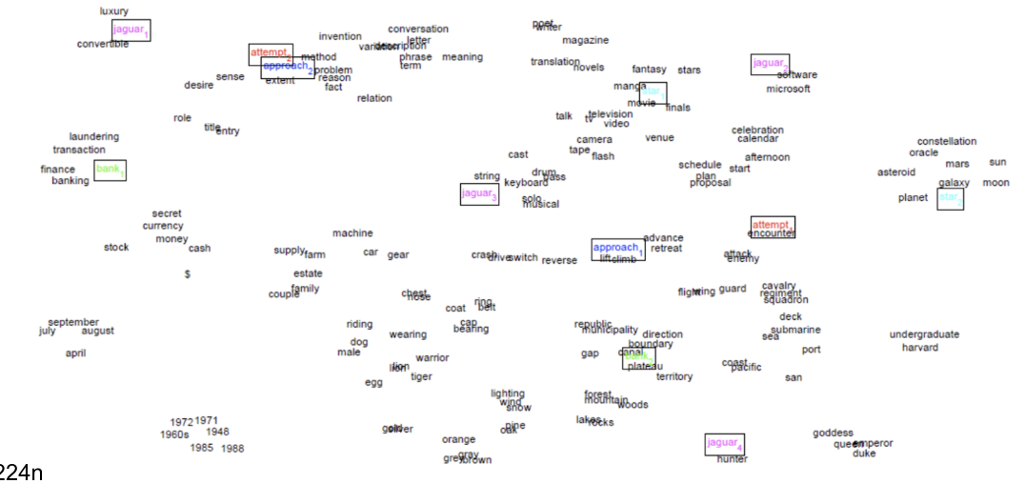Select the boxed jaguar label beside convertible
coord(131,30)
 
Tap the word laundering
coord(93,136)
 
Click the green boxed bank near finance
coord(110,171)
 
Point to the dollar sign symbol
coord(187,274)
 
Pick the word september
coord(73,322)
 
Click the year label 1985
coord(202,447)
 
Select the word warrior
coord(432,358)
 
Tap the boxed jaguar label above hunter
coord(724,443)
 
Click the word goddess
coord(833,434)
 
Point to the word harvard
coord(919,348)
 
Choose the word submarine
coord(795,330)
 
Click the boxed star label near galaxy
coord(950,198)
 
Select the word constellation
coord(947,142)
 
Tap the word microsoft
coord(788,89)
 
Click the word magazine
coord(585,40)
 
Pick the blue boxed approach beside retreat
coord(616,249)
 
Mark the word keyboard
coord(526,182)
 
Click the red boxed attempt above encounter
coord(772,226)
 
